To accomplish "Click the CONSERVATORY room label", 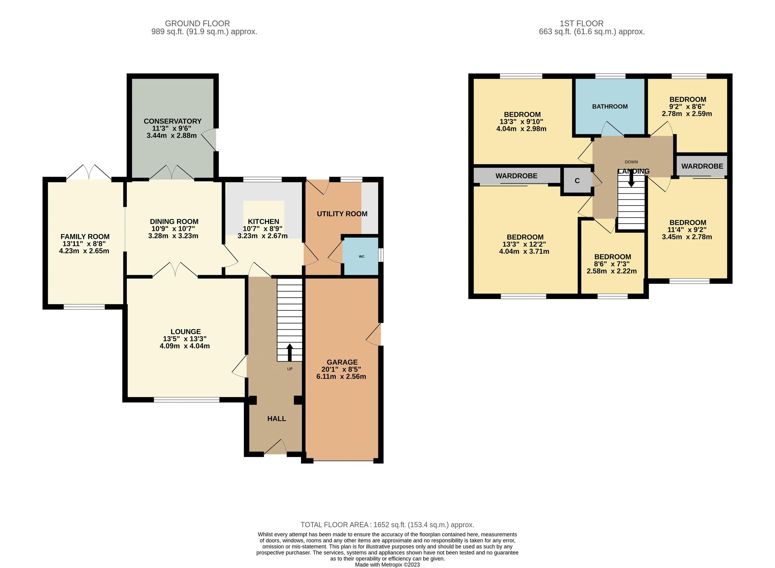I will click(172, 121).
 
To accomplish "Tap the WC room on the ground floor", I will click(361, 256).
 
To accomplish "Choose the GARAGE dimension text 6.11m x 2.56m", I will click(341, 377).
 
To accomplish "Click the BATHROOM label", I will click(610, 107).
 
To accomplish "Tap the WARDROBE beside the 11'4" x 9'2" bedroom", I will click(702, 166).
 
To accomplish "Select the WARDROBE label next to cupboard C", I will click(516, 176).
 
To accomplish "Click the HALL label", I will click(276, 418).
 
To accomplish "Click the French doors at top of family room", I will click(89, 173).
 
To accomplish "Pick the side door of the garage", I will click(375, 334).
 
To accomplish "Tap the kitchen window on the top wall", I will click(262, 179).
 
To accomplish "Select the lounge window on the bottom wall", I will click(186, 400).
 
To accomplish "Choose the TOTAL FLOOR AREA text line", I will click(387, 525).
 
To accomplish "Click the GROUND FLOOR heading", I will click(197, 23).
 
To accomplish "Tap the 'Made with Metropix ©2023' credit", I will click(387, 564).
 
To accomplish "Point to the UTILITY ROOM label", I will click(342, 214).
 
